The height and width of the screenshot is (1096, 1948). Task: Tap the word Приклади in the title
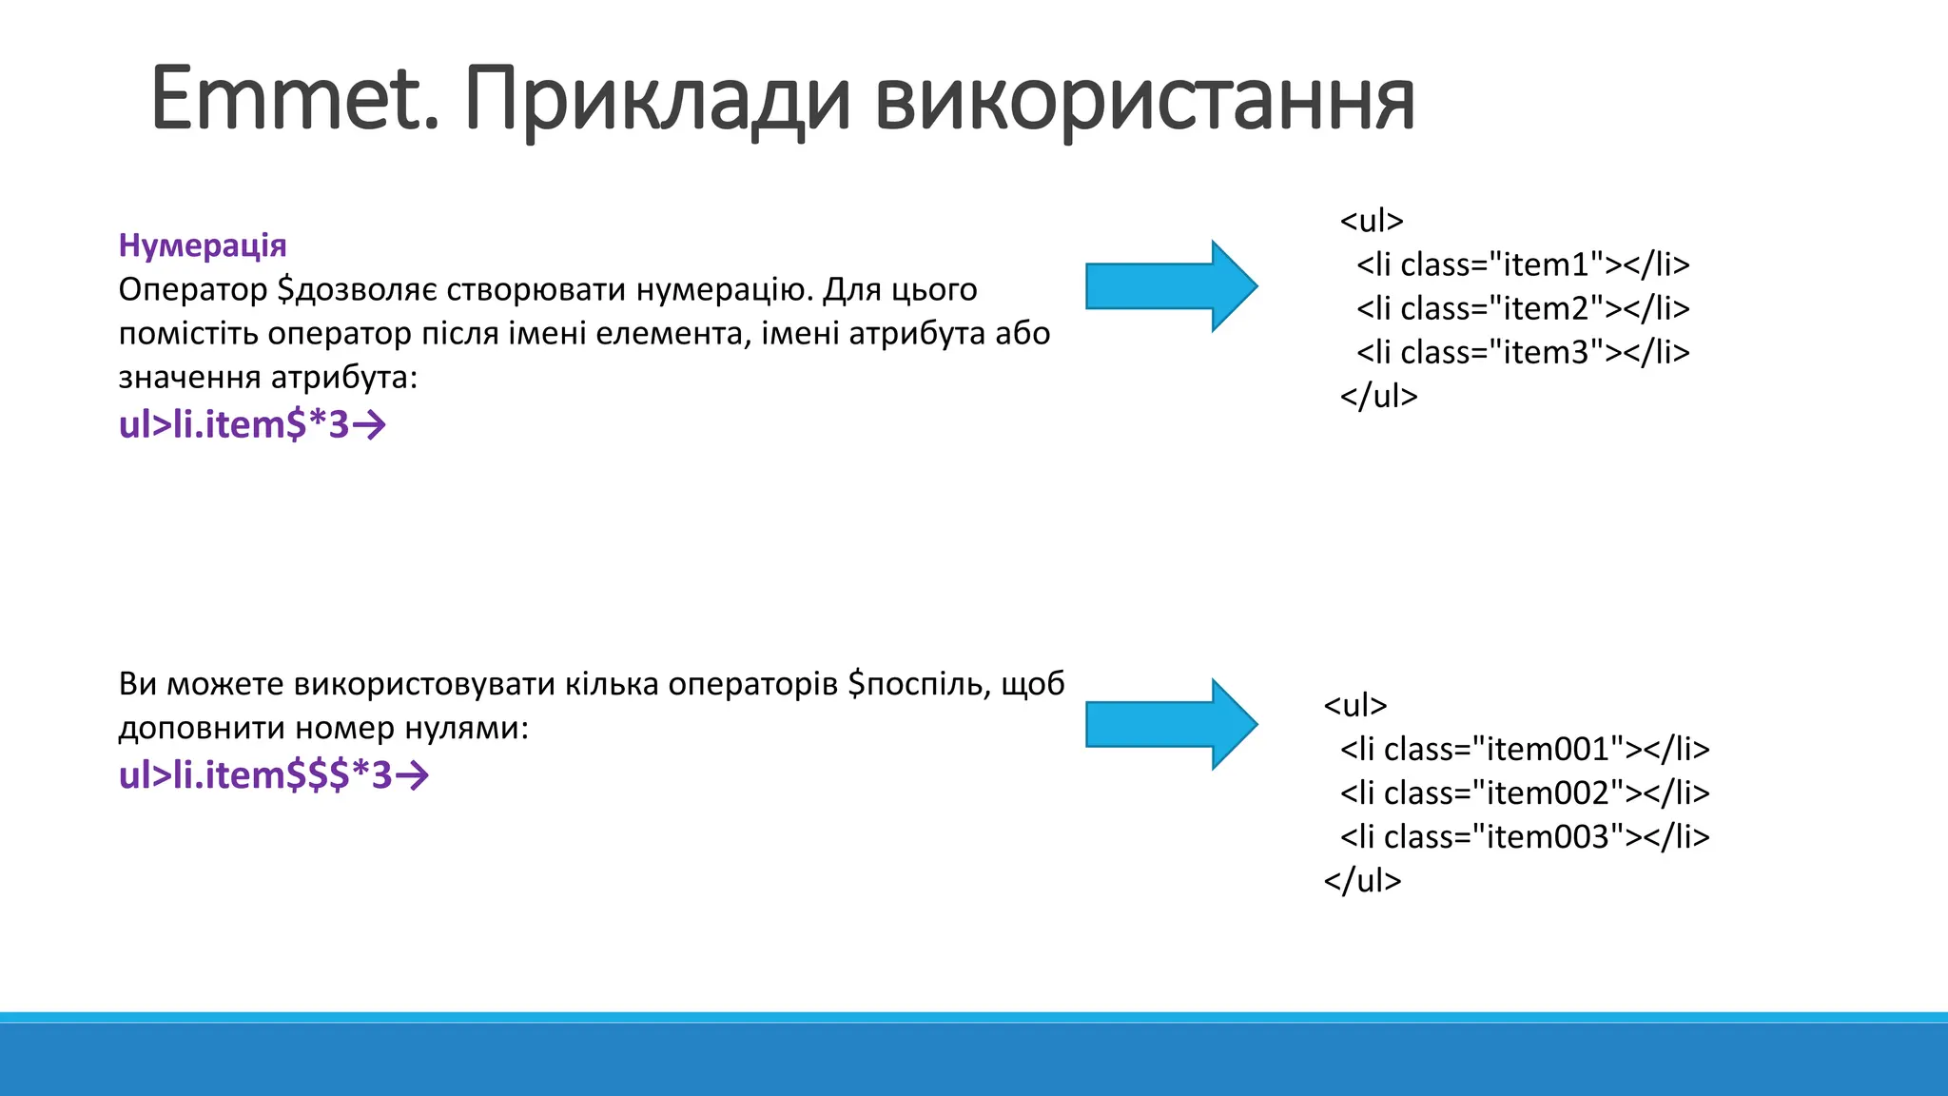point(656,100)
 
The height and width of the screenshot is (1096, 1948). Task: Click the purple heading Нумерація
point(202,245)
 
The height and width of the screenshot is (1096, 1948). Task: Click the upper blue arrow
point(1171,286)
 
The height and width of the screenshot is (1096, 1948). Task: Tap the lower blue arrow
point(1171,724)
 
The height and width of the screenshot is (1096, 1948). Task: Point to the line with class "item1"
point(1522,264)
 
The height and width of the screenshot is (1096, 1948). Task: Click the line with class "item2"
point(1522,308)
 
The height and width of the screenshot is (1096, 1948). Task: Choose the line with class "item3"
point(1522,352)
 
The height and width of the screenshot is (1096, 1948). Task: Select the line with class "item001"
point(1524,749)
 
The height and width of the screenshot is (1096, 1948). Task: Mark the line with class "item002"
point(1524,793)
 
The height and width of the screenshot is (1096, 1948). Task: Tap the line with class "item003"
point(1524,836)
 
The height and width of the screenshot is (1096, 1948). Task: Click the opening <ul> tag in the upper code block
point(1371,221)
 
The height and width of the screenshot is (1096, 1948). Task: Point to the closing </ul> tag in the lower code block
point(1362,880)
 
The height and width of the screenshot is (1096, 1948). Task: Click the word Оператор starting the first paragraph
point(193,289)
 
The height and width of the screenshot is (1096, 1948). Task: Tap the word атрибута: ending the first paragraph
point(344,378)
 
